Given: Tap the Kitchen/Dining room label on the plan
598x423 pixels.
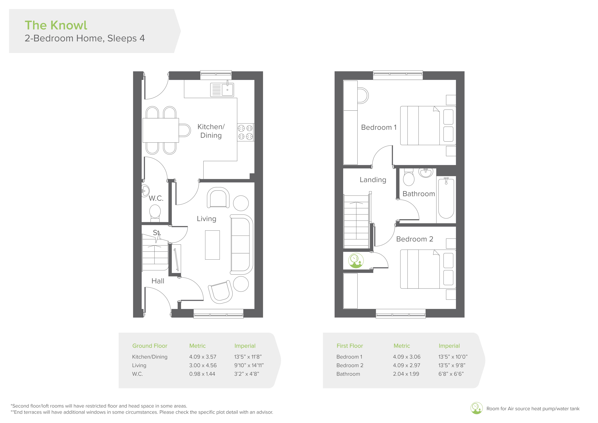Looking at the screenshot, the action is tap(211, 131).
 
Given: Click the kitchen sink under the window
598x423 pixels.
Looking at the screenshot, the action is tap(222, 89).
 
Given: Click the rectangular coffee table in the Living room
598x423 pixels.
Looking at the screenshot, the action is tap(212, 245).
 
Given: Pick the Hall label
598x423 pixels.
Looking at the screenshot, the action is tap(158, 281).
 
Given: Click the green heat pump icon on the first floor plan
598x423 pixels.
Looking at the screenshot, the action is tap(356, 261).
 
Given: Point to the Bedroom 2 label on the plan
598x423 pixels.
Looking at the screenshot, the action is tap(415, 239).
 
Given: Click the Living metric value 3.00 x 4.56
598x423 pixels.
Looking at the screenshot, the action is tap(203, 365).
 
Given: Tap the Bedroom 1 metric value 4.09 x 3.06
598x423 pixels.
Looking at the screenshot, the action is tap(407, 357).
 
